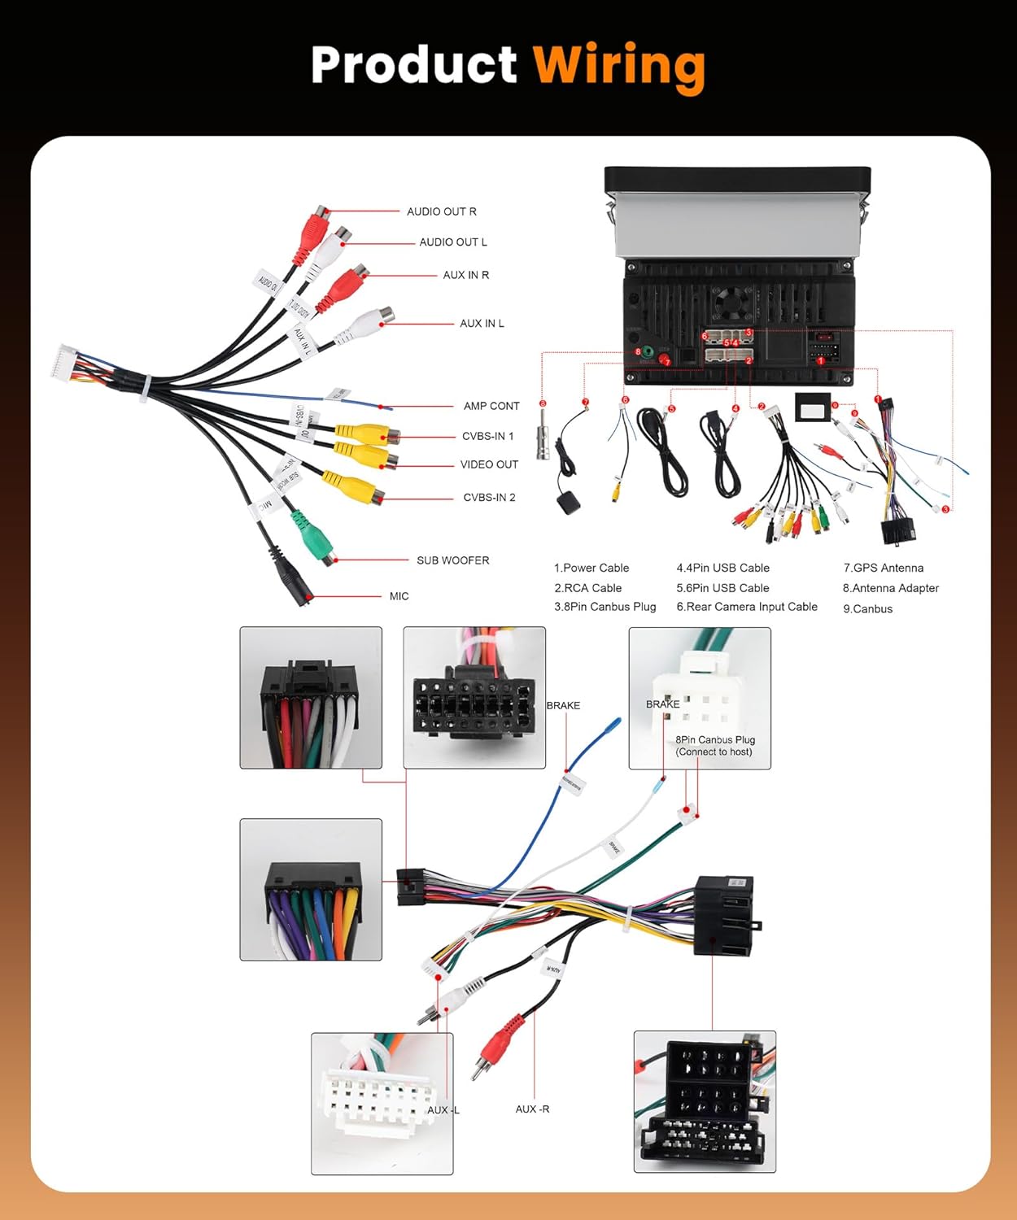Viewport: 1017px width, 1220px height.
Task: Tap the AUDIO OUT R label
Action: [441, 211]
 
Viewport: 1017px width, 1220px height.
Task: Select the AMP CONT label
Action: [491, 406]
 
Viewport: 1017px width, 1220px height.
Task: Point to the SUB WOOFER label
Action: [452, 560]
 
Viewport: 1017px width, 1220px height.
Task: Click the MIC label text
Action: [399, 596]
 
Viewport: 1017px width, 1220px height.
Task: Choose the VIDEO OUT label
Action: [489, 464]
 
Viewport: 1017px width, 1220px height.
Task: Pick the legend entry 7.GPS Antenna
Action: [883, 568]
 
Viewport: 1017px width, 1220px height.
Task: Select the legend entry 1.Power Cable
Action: [591, 568]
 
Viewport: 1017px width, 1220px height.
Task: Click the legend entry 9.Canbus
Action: [867, 608]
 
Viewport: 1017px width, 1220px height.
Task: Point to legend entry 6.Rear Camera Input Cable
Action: [746, 607]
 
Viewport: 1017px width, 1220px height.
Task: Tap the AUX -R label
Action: [532, 1109]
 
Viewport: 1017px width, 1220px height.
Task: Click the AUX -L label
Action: [443, 1109]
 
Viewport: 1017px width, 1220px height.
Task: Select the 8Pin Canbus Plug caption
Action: [714, 745]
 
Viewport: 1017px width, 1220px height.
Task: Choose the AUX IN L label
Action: [482, 324]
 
